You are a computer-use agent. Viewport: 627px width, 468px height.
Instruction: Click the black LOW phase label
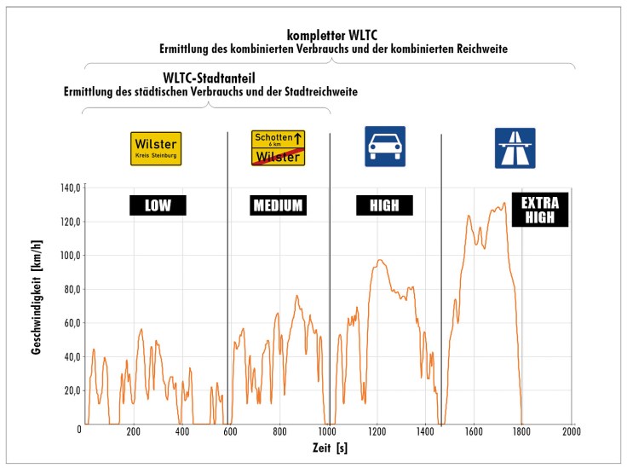(158, 205)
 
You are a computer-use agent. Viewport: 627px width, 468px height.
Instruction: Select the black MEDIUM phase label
(279, 205)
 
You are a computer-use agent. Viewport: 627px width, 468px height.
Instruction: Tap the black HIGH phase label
(383, 205)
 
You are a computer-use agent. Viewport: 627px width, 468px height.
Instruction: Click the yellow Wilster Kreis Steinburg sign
(156, 148)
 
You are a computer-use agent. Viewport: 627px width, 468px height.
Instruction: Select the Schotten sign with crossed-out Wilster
(279, 148)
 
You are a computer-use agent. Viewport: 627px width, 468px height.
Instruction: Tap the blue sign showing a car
(385, 147)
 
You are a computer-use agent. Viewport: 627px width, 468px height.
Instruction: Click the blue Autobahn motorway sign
(515, 148)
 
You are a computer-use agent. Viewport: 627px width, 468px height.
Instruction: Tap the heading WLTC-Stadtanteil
(210, 78)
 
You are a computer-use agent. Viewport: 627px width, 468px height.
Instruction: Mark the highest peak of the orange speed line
(504, 203)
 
